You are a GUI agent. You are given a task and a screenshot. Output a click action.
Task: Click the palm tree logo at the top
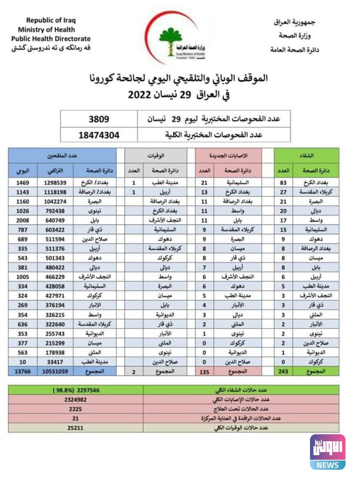171,38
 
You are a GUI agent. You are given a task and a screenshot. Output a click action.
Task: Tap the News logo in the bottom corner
328,452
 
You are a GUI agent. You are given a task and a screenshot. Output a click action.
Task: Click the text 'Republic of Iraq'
51,21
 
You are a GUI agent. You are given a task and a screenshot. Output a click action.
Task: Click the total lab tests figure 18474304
99,135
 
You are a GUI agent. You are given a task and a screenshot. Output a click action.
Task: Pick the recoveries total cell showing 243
284,372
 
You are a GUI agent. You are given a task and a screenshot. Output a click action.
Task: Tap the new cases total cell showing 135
204,372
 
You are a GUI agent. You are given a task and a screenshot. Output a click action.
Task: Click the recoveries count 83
284,183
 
